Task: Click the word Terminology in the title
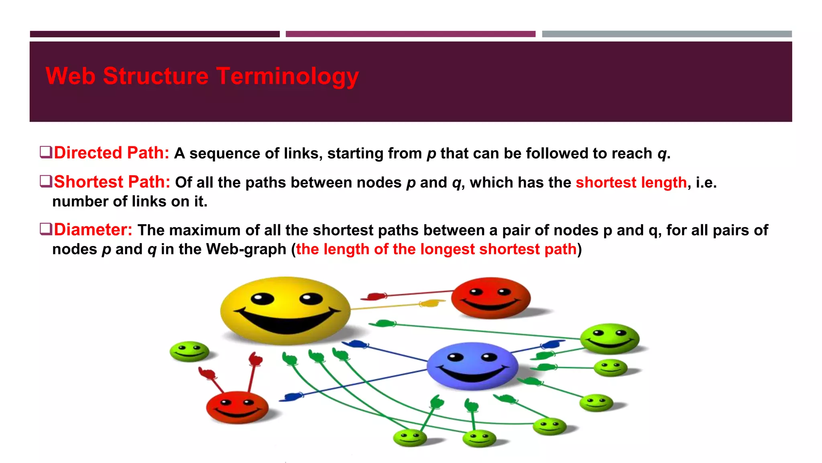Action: (x=287, y=76)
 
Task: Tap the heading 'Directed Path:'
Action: (x=112, y=153)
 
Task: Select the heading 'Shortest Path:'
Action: (x=112, y=182)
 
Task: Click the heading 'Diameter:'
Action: (x=93, y=230)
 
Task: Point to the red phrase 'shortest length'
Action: (x=631, y=182)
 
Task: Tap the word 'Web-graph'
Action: (x=246, y=249)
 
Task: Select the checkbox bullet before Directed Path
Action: (x=46, y=152)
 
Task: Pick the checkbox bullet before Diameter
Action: (x=46, y=229)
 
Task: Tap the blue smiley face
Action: (x=472, y=365)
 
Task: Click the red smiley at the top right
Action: (x=490, y=298)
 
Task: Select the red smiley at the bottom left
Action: (x=237, y=407)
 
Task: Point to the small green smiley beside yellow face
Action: (x=189, y=351)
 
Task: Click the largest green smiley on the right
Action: (x=609, y=338)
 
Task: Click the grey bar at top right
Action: (x=666, y=34)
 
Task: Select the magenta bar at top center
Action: (x=410, y=34)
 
